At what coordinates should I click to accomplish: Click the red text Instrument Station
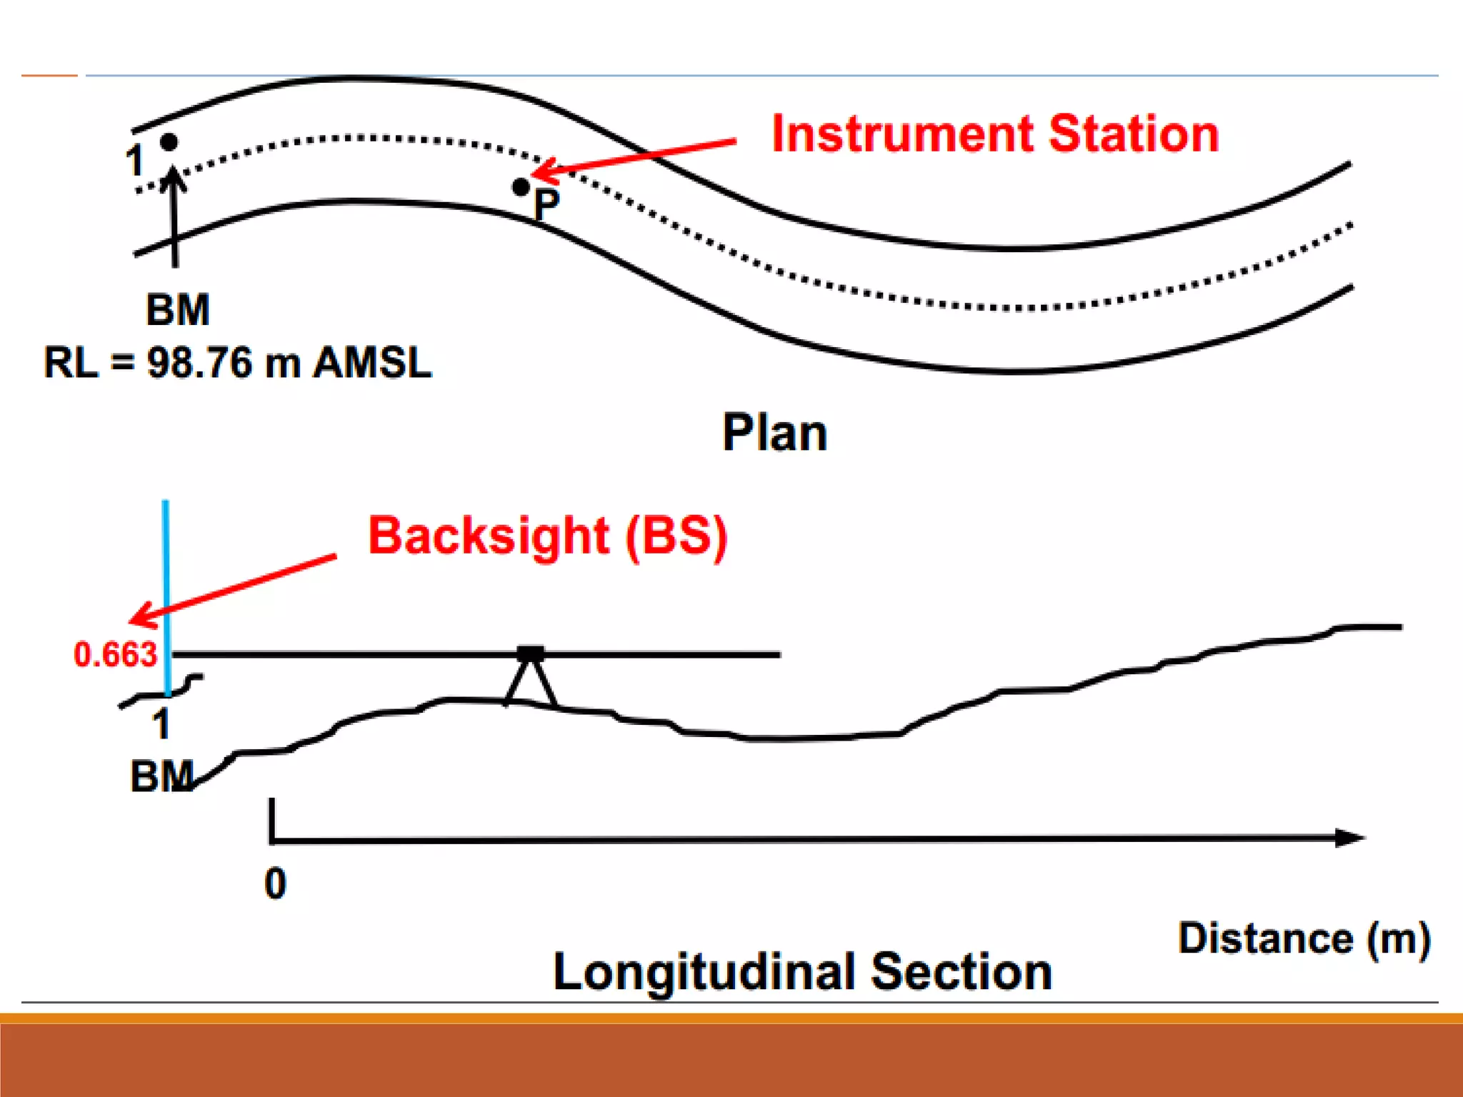(x=994, y=134)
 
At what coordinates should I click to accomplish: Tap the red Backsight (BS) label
(x=547, y=536)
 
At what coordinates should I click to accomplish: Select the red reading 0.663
(x=115, y=655)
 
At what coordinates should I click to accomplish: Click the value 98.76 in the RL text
(x=199, y=363)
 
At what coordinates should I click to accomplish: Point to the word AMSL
(x=373, y=363)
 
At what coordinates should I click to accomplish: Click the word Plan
(x=774, y=433)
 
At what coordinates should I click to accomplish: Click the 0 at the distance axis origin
(x=275, y=883)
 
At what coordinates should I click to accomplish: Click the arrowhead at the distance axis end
(x=1350, y=838)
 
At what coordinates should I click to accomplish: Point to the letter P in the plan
(x=546, y=205)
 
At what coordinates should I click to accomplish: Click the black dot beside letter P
(x=521, y=187)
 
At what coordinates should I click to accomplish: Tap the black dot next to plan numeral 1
(x=169, y=142)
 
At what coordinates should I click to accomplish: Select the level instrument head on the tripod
(x=530, y=653)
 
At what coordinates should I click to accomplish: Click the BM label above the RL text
(x=178, y=310)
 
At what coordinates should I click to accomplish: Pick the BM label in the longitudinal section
(x=161, y=776)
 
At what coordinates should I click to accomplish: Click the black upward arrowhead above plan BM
(x=174, y=177)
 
